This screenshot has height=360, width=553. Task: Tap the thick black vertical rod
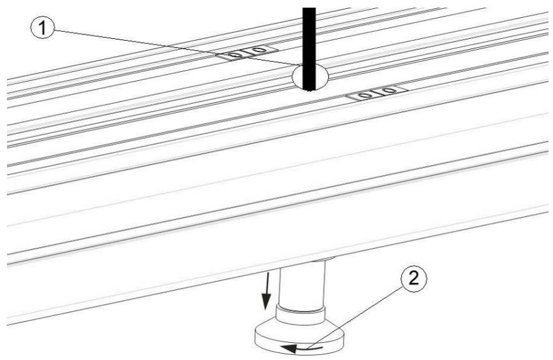click(309, 38)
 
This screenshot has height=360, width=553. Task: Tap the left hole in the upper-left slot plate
click(236, 55)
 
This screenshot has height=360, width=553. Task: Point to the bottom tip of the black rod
click(310, 89)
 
